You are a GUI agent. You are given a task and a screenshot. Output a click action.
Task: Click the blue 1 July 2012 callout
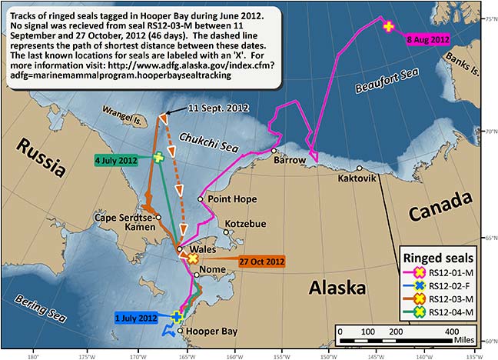tap(134, 317)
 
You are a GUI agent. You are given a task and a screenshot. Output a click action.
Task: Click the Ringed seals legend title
tap(441, 257)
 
